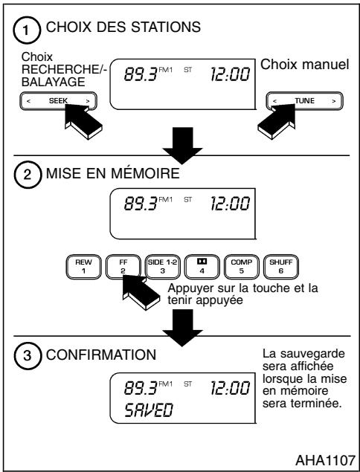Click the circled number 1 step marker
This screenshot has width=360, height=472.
(27, 31)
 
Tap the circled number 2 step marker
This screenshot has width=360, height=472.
(27, 178)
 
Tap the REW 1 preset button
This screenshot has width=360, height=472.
(82, 264)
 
